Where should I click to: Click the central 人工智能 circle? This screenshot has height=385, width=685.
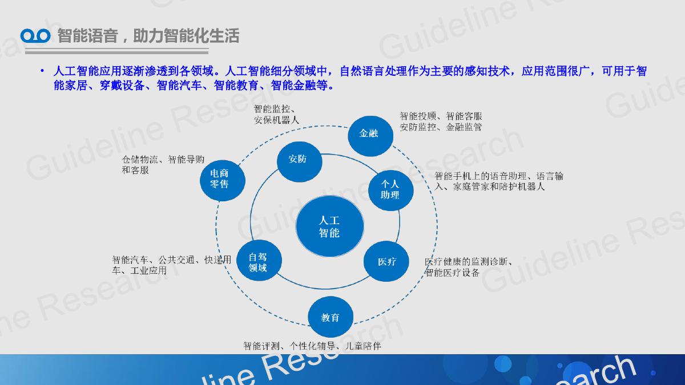click(330, 226)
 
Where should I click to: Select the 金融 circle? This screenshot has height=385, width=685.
click(370, 136)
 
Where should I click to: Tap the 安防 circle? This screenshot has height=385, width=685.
click(299, 161)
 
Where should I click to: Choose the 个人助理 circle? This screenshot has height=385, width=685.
click(391, 191)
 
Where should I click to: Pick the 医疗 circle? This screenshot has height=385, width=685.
click(386, 261)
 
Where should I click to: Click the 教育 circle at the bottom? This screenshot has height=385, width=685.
click(331, 317)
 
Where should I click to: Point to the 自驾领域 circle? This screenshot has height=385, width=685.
click(259, 260)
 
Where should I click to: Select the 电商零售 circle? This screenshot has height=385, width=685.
click(222, 181)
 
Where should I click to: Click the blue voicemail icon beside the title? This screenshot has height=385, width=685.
click(35, 36)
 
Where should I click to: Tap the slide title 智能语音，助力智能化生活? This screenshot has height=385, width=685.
click(148, 36)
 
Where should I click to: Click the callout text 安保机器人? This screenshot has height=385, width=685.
click(276, 120)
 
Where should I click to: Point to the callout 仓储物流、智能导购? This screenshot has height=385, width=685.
click(163, 159)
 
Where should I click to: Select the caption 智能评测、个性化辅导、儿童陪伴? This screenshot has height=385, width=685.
click(312, 346)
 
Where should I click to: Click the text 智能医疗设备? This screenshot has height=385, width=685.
click(452, 272)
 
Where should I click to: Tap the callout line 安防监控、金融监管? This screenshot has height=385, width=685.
click(441, 127)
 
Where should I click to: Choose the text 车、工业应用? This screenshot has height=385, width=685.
click(139, 271)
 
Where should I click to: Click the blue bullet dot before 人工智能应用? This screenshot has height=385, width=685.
click(42, 71)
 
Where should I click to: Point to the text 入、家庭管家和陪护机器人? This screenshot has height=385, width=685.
click(489, 187)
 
